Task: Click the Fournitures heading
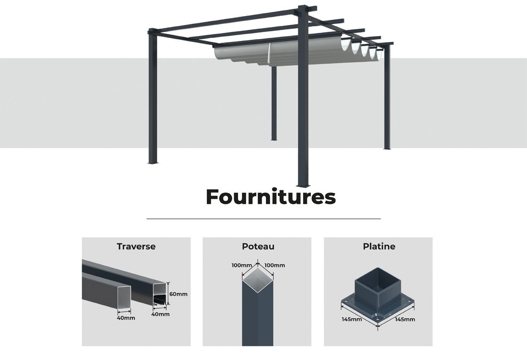(x=271, y=196)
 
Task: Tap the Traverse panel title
(x=136, y=247)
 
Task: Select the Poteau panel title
(x=258, y=247)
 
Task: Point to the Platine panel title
(x=379, y=247)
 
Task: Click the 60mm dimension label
(x=178, y=294)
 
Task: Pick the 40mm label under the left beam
(x=126, y=318)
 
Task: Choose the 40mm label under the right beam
(x=160, y=314)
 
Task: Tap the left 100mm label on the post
(x=242, y=265)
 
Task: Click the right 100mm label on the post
(x=275, y=265)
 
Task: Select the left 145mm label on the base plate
(x=352, y=320)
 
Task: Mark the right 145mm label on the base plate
(x=405, y=320)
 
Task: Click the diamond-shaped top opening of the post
(x=258, y=280)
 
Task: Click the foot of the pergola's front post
(x=303, y=185)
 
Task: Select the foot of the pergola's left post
(x=153, y=162)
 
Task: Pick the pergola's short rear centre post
(x=274, y=103)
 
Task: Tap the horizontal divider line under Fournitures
(x=263, y=219)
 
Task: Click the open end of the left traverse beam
(x=124, y=297)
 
